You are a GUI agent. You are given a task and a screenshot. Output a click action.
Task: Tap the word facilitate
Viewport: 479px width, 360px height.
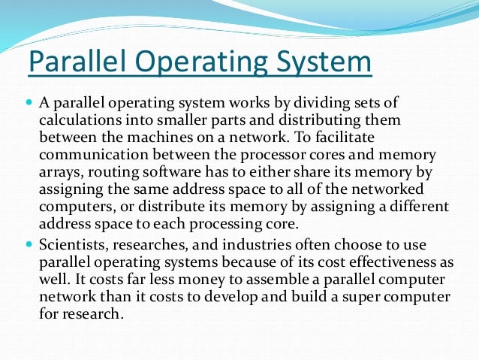(372, 137)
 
